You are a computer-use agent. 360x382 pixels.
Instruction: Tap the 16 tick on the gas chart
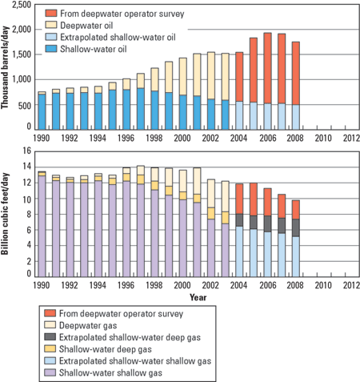pos(26,151)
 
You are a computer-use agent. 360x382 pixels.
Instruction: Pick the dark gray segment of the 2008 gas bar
pos(295,228)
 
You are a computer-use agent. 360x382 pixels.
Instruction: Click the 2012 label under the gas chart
pos(350,287)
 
